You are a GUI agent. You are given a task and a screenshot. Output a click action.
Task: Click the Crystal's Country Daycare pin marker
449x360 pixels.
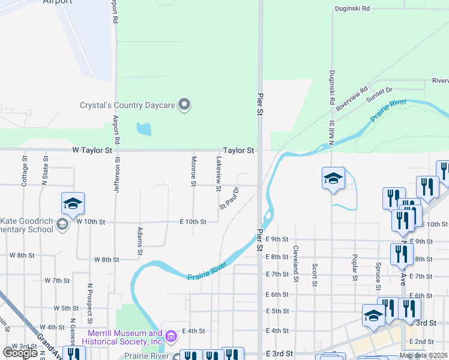pos(185,105)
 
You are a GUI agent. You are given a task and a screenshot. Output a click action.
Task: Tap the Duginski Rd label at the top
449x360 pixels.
pos(352,9)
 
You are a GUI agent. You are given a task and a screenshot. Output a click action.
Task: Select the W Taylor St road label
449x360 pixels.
pos(92,150)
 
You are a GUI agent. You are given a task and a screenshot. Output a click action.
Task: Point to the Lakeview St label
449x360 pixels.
pos(219,170)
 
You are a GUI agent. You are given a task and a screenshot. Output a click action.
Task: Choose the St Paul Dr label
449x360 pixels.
pos(229,197)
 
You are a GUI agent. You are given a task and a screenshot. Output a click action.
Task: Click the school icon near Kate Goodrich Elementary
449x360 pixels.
pos(72,203)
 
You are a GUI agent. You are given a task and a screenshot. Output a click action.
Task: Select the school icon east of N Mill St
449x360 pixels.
pos(333,178)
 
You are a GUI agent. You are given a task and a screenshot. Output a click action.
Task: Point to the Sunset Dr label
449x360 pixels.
pos(379,90)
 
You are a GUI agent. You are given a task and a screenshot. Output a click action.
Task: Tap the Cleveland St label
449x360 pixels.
pos(296,263)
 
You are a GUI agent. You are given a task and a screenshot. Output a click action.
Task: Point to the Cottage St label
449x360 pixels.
pos(25,171)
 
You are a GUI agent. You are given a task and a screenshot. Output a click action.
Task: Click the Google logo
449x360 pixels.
pos(20,353)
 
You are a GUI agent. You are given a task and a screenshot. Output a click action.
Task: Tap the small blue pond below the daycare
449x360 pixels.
pos(143,128)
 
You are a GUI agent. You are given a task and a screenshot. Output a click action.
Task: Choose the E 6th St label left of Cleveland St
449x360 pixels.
pos(277,295)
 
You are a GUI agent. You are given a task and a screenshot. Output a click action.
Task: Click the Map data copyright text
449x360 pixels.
pos(423,355)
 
